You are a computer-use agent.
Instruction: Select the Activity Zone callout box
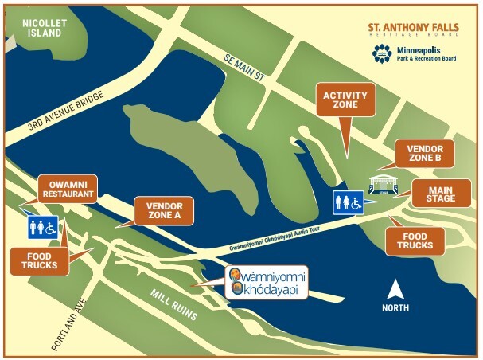(x=345, y=101)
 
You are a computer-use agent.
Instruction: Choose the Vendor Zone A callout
(x=165, y=209)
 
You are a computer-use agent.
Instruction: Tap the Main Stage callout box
(x=441, y=193)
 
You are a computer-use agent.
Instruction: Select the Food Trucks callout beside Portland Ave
(x=38, y=260)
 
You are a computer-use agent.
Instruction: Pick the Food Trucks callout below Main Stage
(x=415, y=241)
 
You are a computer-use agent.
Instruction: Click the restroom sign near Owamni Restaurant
(x=43, y=227)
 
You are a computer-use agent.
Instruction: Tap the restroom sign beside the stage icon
(x=347, y=202)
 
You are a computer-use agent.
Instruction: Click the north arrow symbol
(x=395, y=292)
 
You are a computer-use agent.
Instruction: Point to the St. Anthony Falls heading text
(x=413, y=29)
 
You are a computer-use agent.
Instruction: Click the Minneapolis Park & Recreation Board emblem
(x=382, y=53)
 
